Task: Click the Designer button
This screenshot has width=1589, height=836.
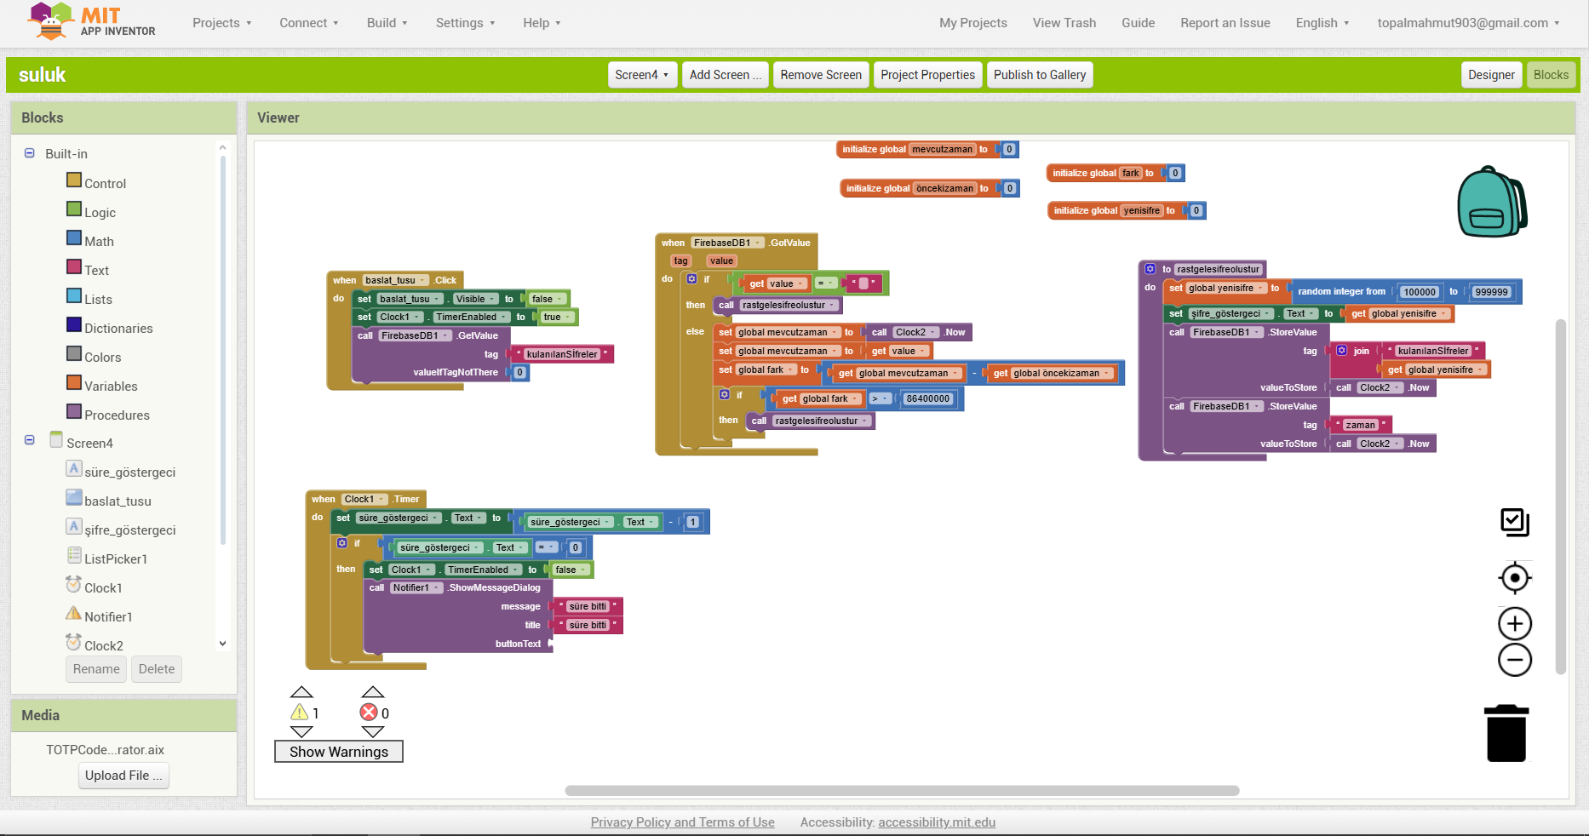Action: (x=1491, y=75)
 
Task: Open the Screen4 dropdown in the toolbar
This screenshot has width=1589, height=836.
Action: (x=641, y=75)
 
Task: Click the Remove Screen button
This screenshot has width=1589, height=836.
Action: (x=821, y=75)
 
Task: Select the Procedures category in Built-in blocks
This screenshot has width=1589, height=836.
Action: (x=117, y=415)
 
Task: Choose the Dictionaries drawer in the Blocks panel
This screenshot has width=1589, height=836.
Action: (x=118, y=328)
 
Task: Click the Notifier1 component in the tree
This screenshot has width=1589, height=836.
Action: (x=108, y=616)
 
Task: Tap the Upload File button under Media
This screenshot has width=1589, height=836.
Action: (x=123, y=776)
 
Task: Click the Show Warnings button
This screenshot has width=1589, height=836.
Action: (x=339, y=752)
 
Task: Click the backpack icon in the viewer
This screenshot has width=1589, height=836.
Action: (x=1492, y=202)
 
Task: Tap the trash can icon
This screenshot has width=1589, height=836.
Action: (x=1506, y=733)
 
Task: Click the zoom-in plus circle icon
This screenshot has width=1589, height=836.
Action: (x=1515, y=624)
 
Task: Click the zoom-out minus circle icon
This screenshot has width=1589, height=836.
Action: (x=1515, y=661)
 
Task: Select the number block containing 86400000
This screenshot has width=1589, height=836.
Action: (x=927, y=398)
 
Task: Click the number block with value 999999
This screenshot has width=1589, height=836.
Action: (x=1491, y=292)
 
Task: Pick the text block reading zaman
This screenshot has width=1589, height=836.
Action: (x=1361, y=425)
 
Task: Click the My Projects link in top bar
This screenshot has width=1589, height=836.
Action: (x=973, y=23)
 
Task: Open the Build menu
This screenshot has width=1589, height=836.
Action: (x=387, y=23)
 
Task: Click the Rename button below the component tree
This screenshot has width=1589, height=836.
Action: (x=96, y=669)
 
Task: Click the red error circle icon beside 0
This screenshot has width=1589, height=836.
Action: (x=369, y=713)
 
